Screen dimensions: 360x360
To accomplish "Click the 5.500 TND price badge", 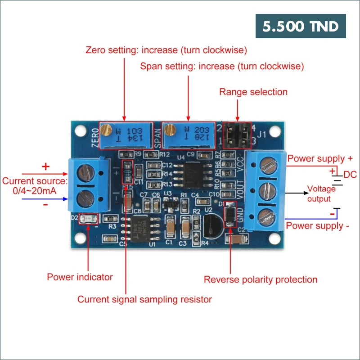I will click(301, 26).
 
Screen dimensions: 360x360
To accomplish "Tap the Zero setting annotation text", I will click(166, 49).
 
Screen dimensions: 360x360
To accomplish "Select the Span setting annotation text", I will click(222, 66).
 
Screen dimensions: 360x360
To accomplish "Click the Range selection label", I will click(253, 92).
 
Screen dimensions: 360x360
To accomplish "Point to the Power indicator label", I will click(80, 277).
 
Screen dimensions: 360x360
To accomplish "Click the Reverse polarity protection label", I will click(261, 279).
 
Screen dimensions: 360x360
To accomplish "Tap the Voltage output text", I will click(321, 193).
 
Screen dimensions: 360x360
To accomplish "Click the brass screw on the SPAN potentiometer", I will click(169, 130).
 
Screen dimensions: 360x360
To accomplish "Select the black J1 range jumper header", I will click(237, 135).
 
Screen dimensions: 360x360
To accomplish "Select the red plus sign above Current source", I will click(45, 166).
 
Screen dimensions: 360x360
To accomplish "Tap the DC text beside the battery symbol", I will click(350, 175).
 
